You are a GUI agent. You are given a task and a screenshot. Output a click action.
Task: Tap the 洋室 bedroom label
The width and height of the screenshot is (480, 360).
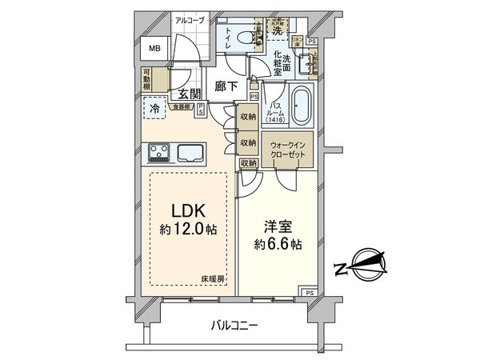pyautogui.click(x=276, y=225)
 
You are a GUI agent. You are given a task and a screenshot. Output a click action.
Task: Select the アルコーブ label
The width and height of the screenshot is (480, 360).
pyautogui.click(x=190, y=20)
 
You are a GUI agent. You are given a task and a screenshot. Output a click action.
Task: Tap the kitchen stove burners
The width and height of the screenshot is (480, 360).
pyautogui.click(x=158, y=153)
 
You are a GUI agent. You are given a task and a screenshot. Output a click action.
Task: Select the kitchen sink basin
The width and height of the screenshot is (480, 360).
pyautogui.click(x=191, y=153)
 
